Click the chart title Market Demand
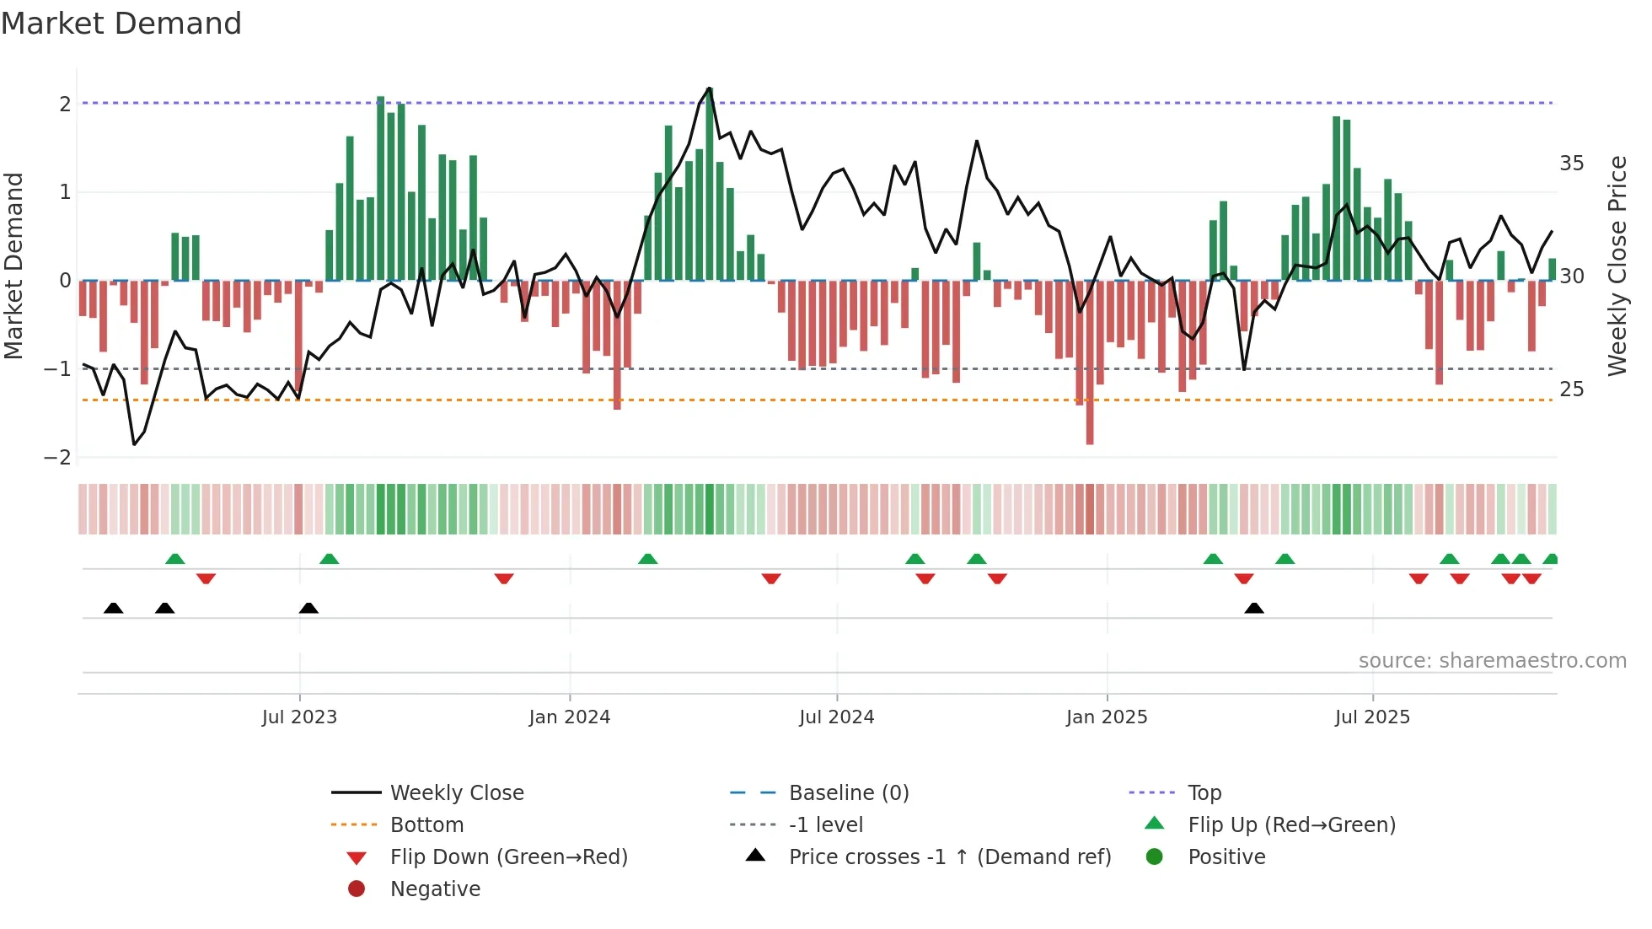click(x=121, y=24)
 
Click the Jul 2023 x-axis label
click(x=299, y=717)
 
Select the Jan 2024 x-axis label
click(x=569, y=717)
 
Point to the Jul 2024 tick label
click(x=836, y=717)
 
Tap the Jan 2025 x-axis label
click(x=1106, y=717)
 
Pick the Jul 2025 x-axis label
click(x=1372, y=717)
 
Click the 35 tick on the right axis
click(x=1571, y=164)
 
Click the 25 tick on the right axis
click(x=1571, y=389)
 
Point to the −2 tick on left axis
click(x=57, y=458)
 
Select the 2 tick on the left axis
click(x=65, y=105)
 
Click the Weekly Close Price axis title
click(x=1617, y=266)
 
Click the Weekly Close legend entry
click(x=456, y=793)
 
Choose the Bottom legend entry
click(x=426, y=825)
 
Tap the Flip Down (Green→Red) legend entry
click(x=508, y=857)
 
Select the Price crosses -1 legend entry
click(x=949, y=857)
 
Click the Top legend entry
click(x=1204, y=793)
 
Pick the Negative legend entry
click(x=435, y=889)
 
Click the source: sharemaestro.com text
click(x=1492, y=661)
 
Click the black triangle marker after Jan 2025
click(x=1254, y=609)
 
